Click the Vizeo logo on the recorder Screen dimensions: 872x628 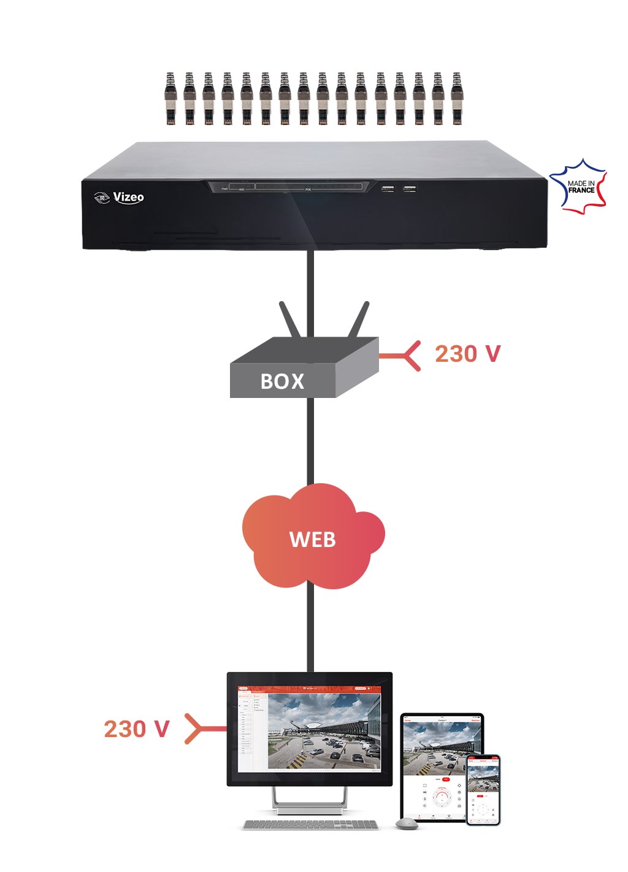pos(120,197)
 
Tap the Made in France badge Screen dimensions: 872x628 pos(579,186)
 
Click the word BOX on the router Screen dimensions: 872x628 pos(282,381)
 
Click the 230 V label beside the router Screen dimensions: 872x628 pos(467,354)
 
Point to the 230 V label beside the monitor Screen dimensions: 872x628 pos(136,729)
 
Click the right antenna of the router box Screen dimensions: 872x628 pos(359,319)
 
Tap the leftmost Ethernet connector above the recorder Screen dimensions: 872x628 pos(170,98)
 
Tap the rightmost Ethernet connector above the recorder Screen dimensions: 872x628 pos(456,98)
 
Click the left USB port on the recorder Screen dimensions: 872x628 pos(388,189)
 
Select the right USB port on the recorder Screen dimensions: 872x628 pos(410,189)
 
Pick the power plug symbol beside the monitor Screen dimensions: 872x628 pos(202,729)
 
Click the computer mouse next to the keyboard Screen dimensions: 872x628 pos(407,824)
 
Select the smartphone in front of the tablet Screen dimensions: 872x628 pos(483,790)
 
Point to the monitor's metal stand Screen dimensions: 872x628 pos(310,801)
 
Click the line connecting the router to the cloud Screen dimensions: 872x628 pos(310,438)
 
